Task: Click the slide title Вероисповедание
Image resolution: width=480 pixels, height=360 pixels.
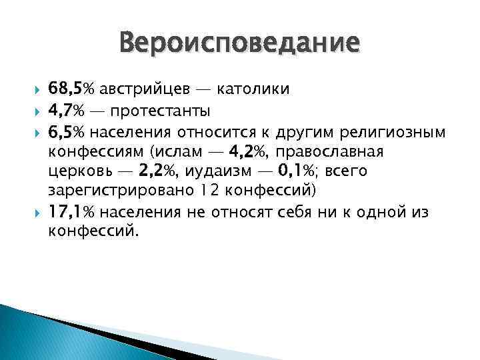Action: click(x=239, y=45)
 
